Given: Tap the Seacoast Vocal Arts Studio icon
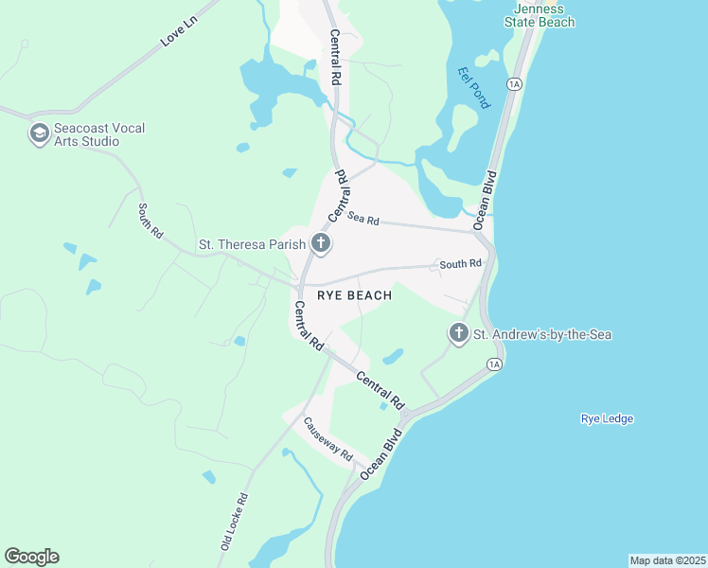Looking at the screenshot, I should tap(39, 133).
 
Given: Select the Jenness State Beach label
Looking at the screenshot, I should tap(538, 15).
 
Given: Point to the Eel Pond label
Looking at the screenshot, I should tap(472, 87).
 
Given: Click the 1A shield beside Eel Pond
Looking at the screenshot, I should tap(515, 84).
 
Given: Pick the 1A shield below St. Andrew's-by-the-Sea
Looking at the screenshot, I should tap(493, 364).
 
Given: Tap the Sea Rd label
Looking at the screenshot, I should tap(363, 219).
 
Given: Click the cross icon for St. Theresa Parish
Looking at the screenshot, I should tap(321, 244).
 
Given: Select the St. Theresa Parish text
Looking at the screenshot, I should tap(252, 244).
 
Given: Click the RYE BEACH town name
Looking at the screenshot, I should tap(354, 295).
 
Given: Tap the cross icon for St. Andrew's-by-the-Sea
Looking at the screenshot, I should tap(458, 333).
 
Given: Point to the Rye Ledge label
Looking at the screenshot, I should tap(606, 418).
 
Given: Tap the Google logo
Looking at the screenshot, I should tap(32, 557).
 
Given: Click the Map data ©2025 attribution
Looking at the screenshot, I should tap(667, 560).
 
